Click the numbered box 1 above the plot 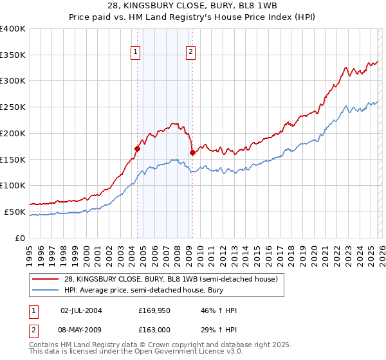coord(136,53)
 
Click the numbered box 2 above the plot coord(192,53)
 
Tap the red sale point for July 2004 coord(137,148)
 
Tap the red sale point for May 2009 coord(192,152)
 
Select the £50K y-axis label coord(15,212)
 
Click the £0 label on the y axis coord(21,238)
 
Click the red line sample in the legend coord(46,279)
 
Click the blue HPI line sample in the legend coord(46,289)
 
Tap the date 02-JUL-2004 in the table coord(80,310)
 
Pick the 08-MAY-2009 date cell coord(80,328)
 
